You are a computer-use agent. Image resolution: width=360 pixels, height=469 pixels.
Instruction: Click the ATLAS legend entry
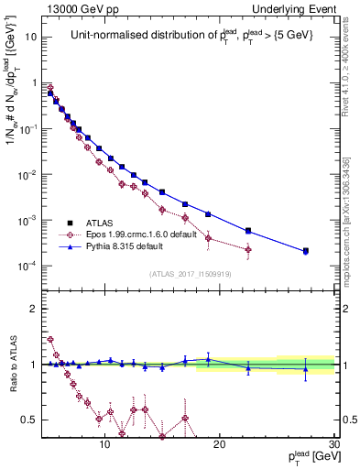[x=99, y=223]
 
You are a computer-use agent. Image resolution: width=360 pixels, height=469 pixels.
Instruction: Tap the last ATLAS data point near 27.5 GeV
[x=306, y=250]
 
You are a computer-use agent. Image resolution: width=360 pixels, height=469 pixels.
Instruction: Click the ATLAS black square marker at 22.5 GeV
[x=248, y=231]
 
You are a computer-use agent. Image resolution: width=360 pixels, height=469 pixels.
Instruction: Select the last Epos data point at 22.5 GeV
[x=248, y=249]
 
